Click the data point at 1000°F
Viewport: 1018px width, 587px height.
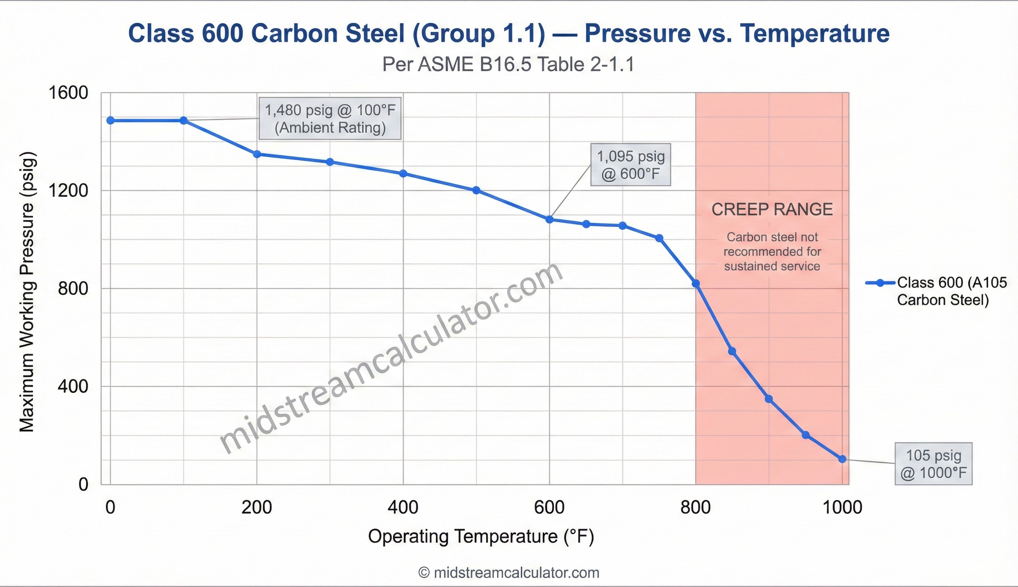coord(842,459)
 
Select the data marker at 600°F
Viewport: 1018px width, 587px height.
coord(549,219)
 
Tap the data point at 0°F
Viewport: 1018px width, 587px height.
coord(110,120)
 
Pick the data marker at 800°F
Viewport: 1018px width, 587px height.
coord(696,284)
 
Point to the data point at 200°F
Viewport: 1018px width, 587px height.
coord(257,154)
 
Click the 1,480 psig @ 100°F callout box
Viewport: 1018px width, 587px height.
coord(330,119)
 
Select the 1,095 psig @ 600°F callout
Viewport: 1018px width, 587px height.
coord(630,164)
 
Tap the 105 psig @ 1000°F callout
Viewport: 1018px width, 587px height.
coord(933,463)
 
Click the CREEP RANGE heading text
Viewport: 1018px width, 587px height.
coord(772,210)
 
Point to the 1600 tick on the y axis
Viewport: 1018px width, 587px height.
coord(68,93)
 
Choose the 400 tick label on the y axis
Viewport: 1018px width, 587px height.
coord(73,386)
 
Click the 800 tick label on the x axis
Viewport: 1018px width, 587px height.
coord(696,507)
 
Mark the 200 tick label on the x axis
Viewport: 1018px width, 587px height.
coord(257,507)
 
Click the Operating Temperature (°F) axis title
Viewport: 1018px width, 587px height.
coord(481,536)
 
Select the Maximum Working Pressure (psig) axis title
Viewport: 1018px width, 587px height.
coord(27,292)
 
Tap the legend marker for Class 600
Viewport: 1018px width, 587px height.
coord(880,283)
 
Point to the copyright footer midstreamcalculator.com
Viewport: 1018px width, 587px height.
coord(509,572)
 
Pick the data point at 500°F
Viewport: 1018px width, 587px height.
coord(476,190)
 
